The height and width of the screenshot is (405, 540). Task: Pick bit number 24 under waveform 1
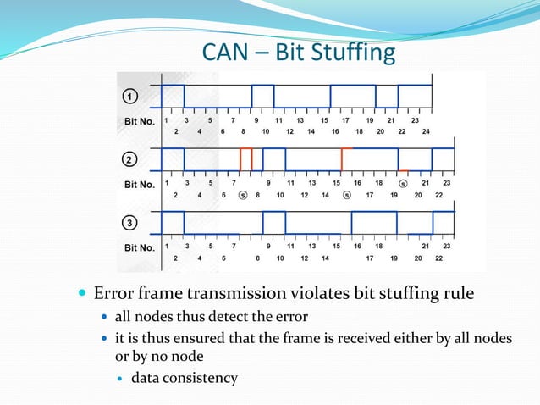point(426,131)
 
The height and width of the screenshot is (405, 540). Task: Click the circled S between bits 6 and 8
point(242,195)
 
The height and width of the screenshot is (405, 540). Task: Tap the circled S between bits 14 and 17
point(346,195)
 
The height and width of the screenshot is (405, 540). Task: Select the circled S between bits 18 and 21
point(403,184)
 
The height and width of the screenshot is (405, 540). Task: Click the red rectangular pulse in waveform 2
point(246,158)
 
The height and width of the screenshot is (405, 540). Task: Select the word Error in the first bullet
point(112,295)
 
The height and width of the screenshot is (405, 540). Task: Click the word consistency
point(200,377)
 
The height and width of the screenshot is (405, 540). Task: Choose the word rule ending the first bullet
point(457,295)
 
